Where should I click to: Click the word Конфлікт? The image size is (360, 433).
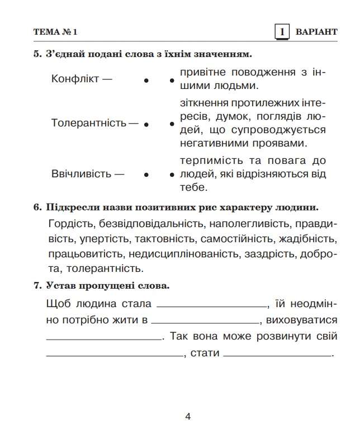point(75,79)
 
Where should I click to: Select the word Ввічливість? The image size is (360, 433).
point(82,173)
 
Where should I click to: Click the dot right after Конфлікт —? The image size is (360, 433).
point(146,81)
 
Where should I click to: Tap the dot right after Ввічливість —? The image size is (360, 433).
point(146,175)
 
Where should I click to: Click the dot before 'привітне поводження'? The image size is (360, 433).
point(172,81)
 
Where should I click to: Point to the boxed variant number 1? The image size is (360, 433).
point(283,32)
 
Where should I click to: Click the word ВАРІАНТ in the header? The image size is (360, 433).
point(316,32)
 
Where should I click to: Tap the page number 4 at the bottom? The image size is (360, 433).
point(188,416)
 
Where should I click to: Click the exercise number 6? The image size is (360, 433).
point(37,208)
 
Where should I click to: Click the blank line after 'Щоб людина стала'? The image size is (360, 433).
point(212,305)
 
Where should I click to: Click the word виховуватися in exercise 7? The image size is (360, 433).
point(302,321)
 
